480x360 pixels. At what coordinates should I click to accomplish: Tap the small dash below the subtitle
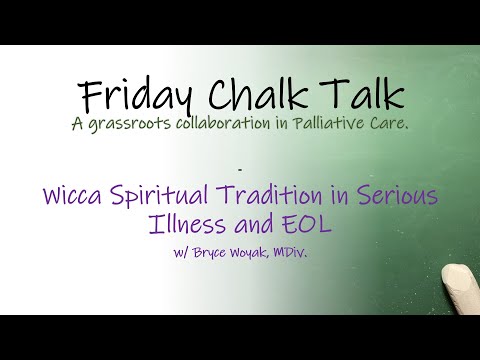240,161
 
